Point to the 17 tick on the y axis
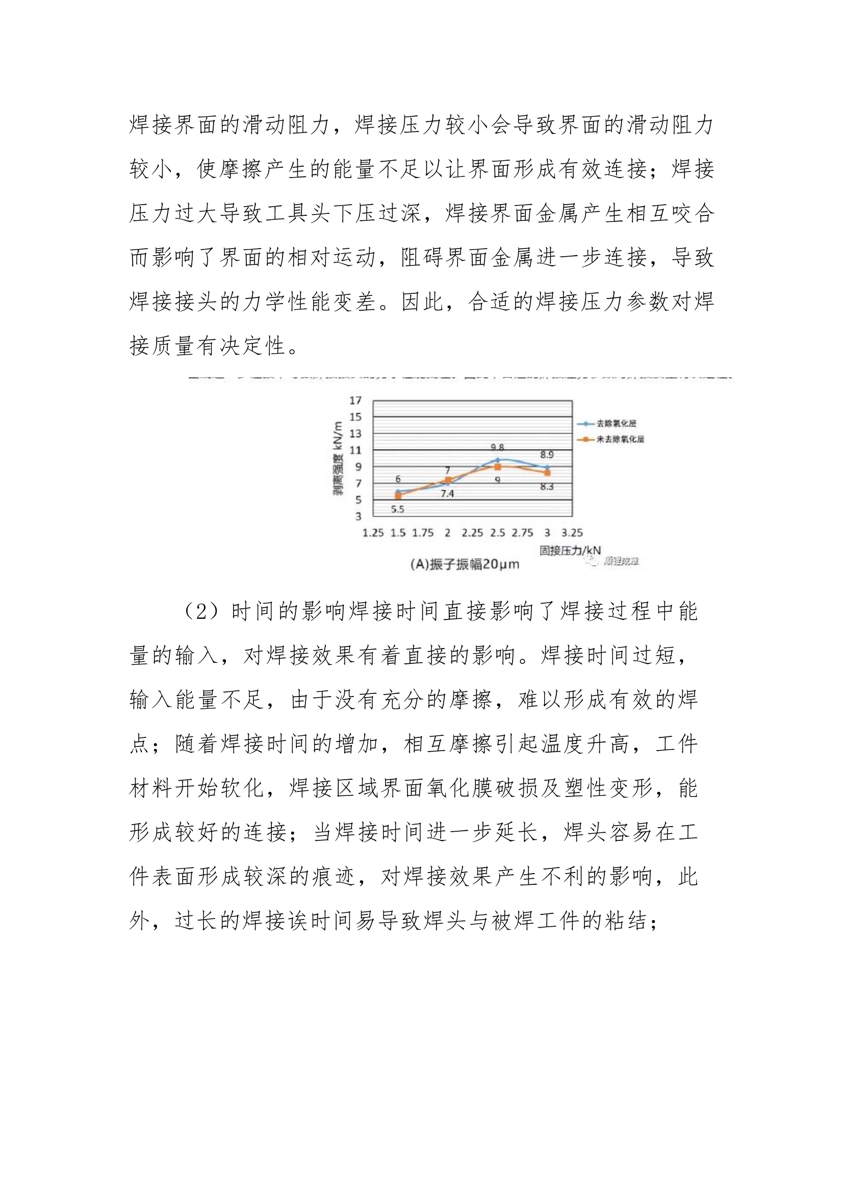pyautogui.click(x=355, y=401)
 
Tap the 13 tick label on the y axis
pyautogui.click(x=355, y=434)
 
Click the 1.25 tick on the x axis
pyautogui.click(x=372, y=533)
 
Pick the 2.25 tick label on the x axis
pyautogui.click(x=472, y=533)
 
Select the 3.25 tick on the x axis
pyautogui.click(x=572, y=533)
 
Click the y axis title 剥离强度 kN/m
pyautogui.click(x=338, y=458)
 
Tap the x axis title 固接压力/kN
pyautogui.click(x=570, y=550)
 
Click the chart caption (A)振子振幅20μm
pyautogui.click(x=465, y=564)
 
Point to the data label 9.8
pyautogui.click(x=497, y=448)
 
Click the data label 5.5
pyautogui.click(x=397, y=509)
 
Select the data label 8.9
pyautogui.click(x=547, y=455)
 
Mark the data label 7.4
pyautogui.click(x=447, y=493)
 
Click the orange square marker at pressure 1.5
pyautogui.click(x=398, y=495)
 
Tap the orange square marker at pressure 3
pyautogui.click(x=547, y=473)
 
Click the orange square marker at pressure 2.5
pyautogui.click(x=498, y=466)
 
